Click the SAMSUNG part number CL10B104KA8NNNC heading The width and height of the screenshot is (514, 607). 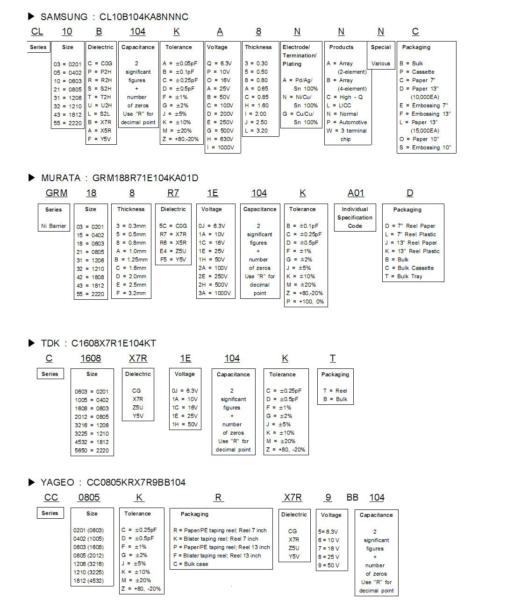(143, 17)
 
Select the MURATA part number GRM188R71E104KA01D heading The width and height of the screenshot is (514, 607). (145, 178)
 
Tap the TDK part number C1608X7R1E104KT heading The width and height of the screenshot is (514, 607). (114, 343)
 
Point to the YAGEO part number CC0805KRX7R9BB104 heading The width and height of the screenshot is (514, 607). (136, 482)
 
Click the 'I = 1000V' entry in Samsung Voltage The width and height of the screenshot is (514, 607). (220, 148)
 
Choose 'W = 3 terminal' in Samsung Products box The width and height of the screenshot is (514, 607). (347, 131)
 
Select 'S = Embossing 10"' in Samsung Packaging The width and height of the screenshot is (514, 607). (425, 148)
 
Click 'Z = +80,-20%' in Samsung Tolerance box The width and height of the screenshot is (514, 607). (180, 139)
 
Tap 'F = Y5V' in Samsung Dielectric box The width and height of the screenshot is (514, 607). (100, 139)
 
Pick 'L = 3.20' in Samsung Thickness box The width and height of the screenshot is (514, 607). (257, 131)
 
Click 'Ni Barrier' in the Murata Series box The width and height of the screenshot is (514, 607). (54, 226)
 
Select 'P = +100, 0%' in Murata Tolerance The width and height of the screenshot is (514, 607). (305, 302)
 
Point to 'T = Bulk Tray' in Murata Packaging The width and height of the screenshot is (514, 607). (404, 276)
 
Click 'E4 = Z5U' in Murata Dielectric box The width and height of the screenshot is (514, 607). (173, 251)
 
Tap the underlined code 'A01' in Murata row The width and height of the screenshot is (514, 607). (356, 193)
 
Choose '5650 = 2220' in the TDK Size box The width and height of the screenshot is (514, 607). (92, 451)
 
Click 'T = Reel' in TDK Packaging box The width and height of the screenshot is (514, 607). (335, 391)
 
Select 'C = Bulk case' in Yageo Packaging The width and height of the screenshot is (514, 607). (191, 564)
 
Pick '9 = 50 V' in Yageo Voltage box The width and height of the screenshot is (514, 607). (329, 565)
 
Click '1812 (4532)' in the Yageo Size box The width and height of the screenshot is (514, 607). (89, 581)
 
